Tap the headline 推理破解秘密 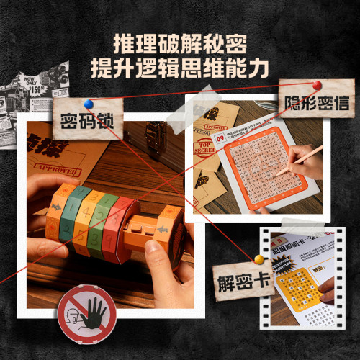click(181, 42)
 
